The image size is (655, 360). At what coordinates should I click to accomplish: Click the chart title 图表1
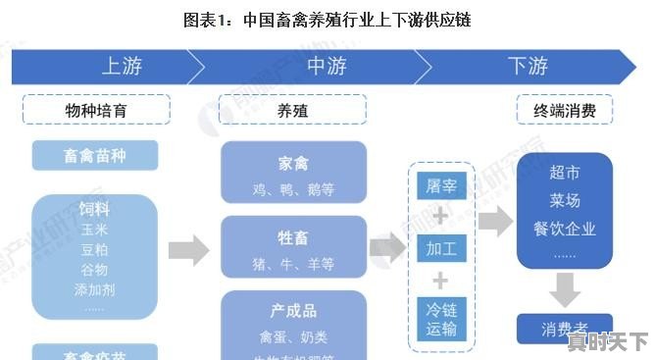(327, 20)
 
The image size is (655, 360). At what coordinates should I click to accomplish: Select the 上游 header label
(122, 67)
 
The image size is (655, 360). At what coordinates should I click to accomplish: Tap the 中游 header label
(327, 67)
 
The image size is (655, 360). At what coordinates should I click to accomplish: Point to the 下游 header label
(528, 67)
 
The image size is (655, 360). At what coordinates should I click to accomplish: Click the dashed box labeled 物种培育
(97, 110)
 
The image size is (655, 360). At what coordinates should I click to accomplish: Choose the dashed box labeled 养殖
(293, 110)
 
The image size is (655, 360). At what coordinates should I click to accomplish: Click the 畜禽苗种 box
(95, 155)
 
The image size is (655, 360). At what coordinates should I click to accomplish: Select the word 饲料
(94, 209)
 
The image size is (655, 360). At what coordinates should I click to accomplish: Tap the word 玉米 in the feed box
(94, 230)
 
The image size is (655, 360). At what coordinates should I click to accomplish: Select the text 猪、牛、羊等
(293, 264)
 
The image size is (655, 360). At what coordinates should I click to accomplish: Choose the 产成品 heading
(293, 311)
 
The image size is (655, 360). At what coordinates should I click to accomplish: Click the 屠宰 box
(440, 184)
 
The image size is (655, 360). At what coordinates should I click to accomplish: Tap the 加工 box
(440, 249)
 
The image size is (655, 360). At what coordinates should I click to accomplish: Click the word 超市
(565, 174)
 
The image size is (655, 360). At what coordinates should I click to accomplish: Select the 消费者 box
(564, 327)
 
